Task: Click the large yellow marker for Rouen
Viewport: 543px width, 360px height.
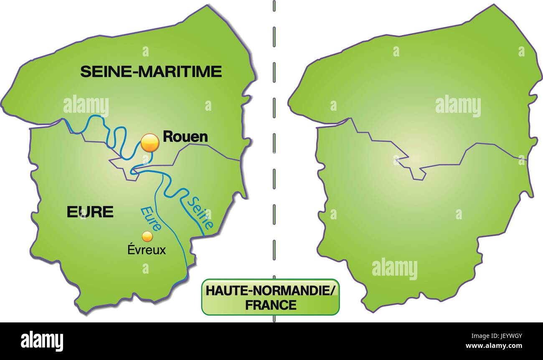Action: click(150, 143)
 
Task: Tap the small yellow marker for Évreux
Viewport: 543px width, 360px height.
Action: click(147, 236)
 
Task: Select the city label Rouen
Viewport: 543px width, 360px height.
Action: click(185, 136)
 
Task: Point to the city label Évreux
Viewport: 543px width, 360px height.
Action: click(147, 250)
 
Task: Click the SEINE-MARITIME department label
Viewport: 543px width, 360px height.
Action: click(151, 72)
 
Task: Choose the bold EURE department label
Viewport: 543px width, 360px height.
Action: click(90, 212)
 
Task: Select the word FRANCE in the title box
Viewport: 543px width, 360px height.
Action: click(271, 305)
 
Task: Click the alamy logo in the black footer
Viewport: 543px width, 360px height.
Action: click(42, 341)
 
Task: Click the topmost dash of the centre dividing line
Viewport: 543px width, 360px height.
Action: click(274, 5)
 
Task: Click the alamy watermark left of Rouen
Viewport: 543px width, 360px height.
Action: click(86, 106)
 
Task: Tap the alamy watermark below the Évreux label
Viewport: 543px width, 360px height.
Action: click(145, 268)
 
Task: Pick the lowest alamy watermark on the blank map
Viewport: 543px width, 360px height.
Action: click(394, 268)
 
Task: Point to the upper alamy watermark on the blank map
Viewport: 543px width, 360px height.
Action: click(458, 106)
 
